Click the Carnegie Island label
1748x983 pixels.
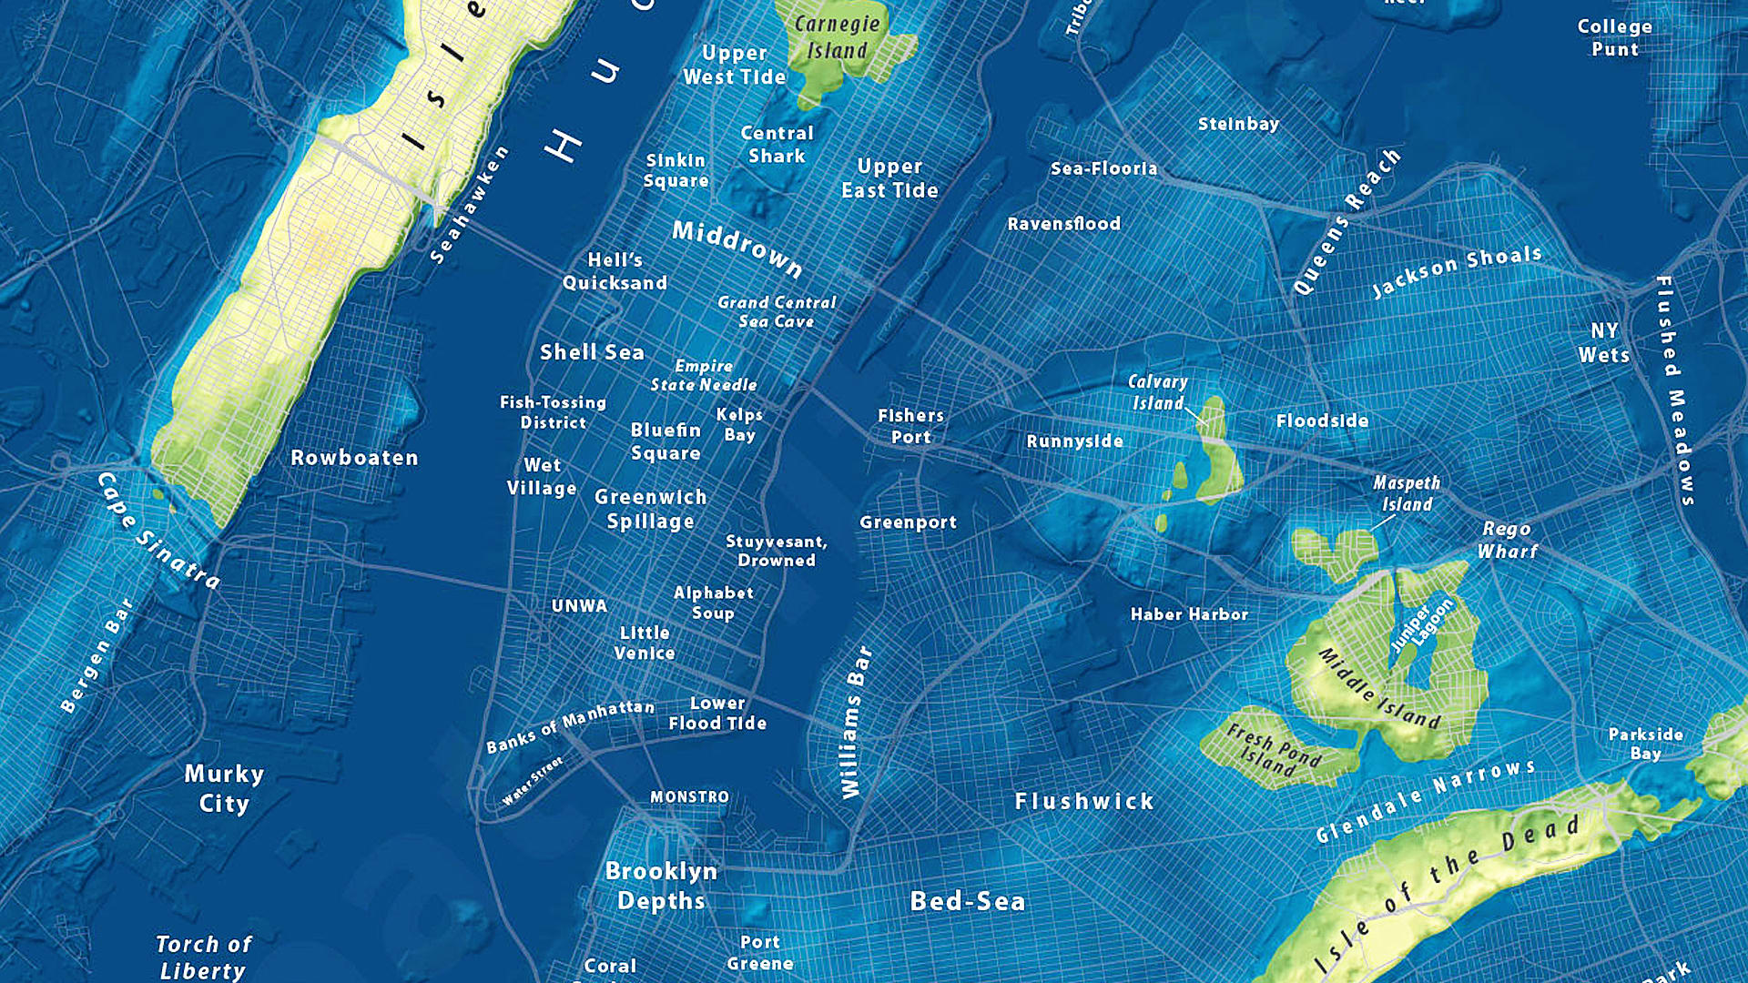coord(837,37)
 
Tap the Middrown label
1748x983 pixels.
coord(737,248)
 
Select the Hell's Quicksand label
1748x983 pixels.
coord(615,271)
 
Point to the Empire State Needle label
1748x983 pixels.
coord(703,375)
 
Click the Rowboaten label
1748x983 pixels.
coord(354,458)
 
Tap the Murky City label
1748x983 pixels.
coord(224,788)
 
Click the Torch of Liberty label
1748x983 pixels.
coord(203,957)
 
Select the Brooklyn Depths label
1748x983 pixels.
coord(661,886)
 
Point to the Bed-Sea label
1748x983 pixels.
coord(968,901)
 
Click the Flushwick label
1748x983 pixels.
coord(1084,801)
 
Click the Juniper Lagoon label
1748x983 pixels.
coord(1421,625)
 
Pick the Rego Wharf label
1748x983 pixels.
coord(1507,540)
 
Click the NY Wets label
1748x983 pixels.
coord(1604,343)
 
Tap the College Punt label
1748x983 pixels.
coord(1614,37)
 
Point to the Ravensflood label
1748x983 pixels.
coord(1063,223)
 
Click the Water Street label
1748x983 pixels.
coord(533,781)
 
